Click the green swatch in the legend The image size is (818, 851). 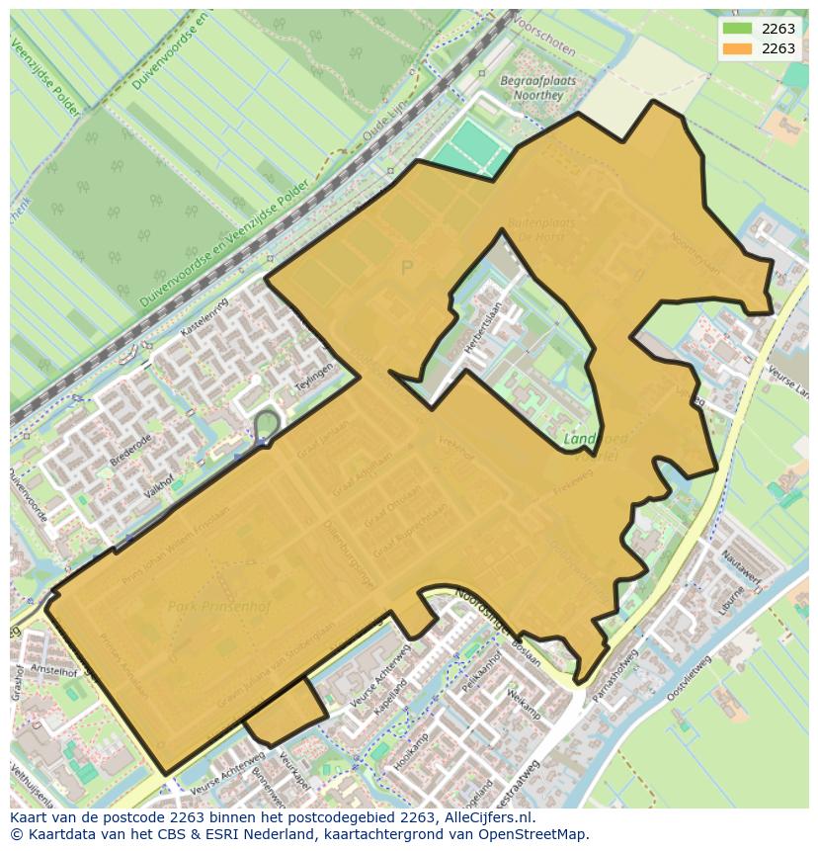[x=737, y=29]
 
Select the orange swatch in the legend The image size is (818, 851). [x=737, y=48]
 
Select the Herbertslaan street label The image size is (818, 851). [x=484, y=322]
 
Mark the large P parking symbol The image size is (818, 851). [x=406, y=267]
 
